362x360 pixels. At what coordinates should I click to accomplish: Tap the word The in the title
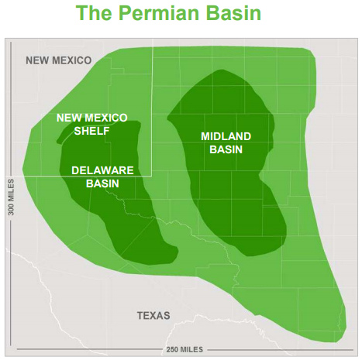coord(96,14)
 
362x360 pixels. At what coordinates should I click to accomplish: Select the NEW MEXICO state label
coord(58,60)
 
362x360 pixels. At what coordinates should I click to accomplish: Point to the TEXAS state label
coord(153,315)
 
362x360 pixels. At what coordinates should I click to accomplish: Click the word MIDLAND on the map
coord(226,136)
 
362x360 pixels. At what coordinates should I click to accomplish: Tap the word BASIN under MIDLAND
coord(226,149)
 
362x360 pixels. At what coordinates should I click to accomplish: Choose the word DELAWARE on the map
coord(102,170)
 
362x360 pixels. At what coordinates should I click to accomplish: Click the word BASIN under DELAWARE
coord(102,183)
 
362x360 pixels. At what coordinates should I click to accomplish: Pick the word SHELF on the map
coord(91,131)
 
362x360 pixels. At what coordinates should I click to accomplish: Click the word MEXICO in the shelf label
coord(106,118)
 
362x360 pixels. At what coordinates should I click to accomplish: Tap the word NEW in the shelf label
coord(68,118)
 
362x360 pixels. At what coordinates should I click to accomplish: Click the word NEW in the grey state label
coord(37,60)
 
